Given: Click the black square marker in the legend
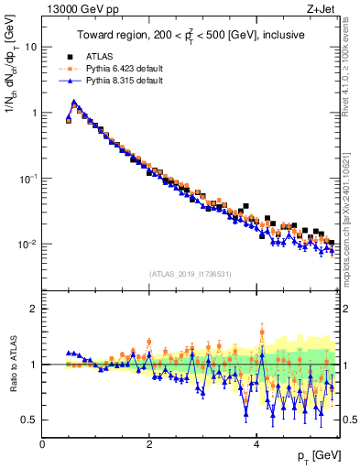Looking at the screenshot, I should (70, 57).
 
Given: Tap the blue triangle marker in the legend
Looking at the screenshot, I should (70, 81).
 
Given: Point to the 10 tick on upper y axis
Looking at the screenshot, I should (31, 47).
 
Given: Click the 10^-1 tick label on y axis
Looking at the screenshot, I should (27, 179).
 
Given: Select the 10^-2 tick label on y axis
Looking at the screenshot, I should (27, 245).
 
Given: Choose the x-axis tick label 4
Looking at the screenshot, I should (256, 444).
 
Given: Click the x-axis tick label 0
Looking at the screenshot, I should (43, 444).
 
